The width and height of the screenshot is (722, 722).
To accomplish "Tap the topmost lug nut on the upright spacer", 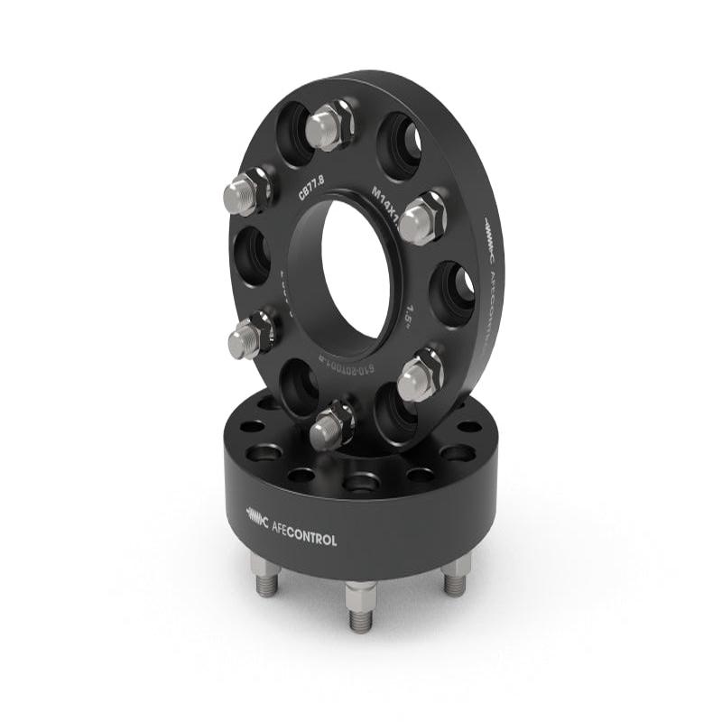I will point(329,126).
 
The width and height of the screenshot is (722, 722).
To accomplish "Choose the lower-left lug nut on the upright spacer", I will point(252,334).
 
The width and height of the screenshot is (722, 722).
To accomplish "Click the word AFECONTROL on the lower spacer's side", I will point(305,539).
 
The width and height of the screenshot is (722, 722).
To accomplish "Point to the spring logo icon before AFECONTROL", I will point(256,517).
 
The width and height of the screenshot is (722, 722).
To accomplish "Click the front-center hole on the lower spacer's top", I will point(361,483).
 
